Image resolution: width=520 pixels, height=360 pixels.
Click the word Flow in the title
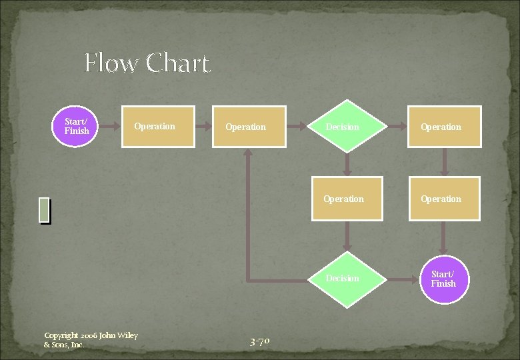(112, 64)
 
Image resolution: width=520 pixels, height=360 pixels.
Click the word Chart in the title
(177, 64)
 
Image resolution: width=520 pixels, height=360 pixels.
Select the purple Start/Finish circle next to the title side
(77, 126)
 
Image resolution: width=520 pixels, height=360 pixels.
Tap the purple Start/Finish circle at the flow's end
(443, 279)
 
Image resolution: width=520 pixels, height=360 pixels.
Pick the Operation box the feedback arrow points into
(249, 127)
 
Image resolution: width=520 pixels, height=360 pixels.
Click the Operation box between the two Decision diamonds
(347, 199)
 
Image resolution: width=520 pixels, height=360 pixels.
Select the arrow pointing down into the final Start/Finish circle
(444, 239)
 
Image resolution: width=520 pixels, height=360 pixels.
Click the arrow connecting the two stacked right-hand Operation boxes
(444, 162)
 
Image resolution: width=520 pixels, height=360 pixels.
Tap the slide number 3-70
(259, 342)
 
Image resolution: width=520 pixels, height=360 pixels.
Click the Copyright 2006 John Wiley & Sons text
(90, 340)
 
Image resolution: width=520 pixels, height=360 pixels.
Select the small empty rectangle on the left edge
(44, 210)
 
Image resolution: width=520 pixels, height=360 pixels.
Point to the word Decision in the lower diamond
(342, 279)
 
